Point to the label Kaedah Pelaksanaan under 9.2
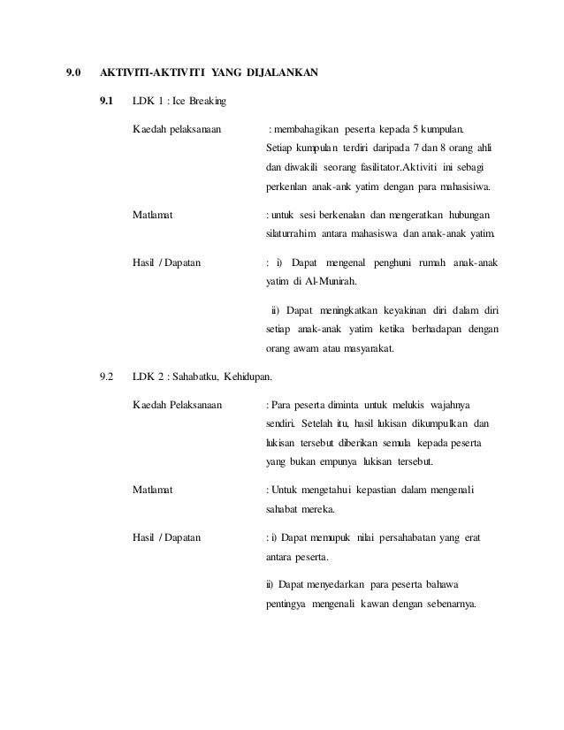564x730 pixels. tap(178, 407)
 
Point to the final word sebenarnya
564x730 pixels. tap(446, 605)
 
